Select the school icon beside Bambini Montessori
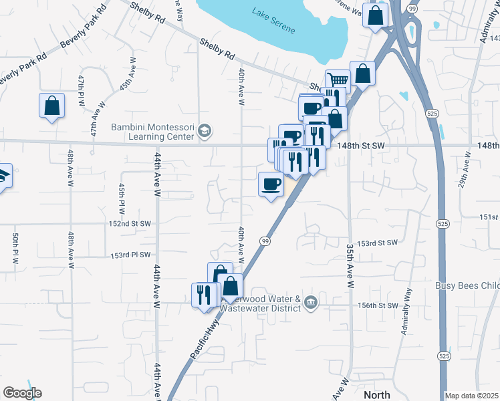(205, 132)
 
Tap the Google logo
(22, 393)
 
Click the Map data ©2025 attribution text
(471, 396)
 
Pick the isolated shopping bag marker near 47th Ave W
(51, 106)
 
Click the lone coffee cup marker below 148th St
(271, 183)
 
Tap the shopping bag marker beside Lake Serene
(376, 14)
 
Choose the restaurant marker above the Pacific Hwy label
(205, 295)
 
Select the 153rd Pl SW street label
(131, 255)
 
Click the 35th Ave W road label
(350, 265)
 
